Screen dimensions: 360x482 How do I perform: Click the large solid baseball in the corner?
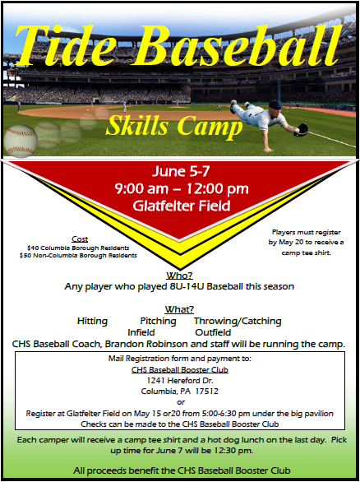[21, 141]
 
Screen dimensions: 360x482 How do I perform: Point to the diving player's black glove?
[302, 129]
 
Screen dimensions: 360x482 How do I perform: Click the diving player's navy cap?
[275, 104]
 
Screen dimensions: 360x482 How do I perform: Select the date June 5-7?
[181, 171]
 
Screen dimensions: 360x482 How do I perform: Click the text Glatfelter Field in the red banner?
[181, 206]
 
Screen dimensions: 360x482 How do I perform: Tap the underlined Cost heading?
[80, 239]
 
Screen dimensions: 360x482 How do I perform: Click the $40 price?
[33, 248]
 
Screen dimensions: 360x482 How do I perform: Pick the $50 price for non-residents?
[25, 256]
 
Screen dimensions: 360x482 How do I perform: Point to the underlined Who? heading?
[180, 275]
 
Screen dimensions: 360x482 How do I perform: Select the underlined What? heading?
[179, 309]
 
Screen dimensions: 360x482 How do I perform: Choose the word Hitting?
[92, 322]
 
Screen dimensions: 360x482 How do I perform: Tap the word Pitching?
[158, 322]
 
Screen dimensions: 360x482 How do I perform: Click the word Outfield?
[213, 332]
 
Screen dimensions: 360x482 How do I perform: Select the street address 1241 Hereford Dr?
[180, 381]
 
